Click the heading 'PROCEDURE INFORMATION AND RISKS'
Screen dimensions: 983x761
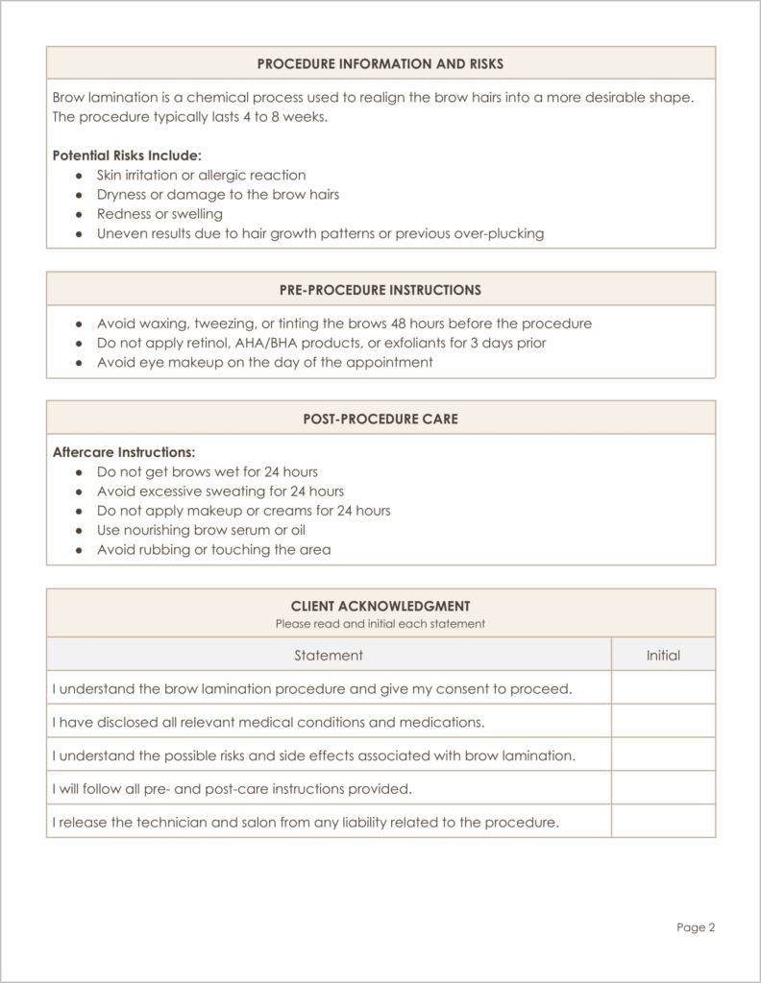coord(380,63)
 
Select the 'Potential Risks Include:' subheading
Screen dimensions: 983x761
coord(126,155)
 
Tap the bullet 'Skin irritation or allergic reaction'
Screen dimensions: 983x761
coord(201,175)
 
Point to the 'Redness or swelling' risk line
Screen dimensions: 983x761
coord(160,214)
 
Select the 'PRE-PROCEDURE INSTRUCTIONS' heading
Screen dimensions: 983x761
coord(380,289)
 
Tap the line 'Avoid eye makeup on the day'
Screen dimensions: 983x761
coord(264,362)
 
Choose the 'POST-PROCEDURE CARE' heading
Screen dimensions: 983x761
coord(380,419)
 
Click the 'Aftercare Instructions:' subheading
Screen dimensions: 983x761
coord(123,451)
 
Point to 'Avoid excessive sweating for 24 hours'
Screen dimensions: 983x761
coord(207,491)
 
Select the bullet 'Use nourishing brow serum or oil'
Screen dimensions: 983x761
coord(201,530)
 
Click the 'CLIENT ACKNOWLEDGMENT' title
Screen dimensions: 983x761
coord(380,606)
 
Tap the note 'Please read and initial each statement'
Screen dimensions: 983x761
coord(380,623)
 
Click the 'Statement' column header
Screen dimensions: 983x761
coord(329,655)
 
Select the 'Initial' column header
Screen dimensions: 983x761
coord(663,655)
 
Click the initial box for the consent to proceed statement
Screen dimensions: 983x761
coord(663,687)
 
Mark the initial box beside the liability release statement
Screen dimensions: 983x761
coord(663,822)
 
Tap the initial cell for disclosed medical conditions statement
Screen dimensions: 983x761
coord(663,721)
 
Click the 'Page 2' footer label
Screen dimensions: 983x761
coord(696,927)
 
